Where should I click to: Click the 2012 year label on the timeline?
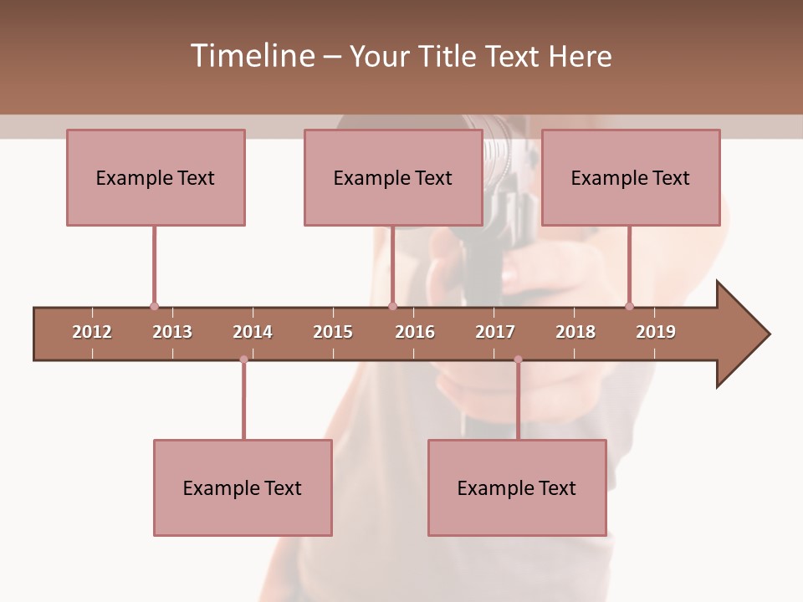(92, 332)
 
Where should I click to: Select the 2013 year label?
(172, 332)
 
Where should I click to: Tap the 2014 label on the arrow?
(253, 332)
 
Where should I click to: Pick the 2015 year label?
(333, 332)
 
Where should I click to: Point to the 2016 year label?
(415, 332)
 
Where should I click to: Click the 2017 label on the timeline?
(495, 332)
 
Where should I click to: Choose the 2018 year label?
(575, 332)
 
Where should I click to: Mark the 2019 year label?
(656, 332)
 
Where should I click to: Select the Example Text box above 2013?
(156, 177)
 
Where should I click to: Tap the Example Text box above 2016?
(393, 177)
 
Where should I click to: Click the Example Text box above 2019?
(631, 177)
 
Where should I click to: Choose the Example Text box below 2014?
(243, 487)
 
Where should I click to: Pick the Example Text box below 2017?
(517, 487)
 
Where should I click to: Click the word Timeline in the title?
(251, 56)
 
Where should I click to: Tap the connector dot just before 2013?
(154, 306)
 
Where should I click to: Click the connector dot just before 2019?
(629, 306)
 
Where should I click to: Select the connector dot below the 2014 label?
(243, 360)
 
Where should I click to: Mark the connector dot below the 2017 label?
(518, 360)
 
